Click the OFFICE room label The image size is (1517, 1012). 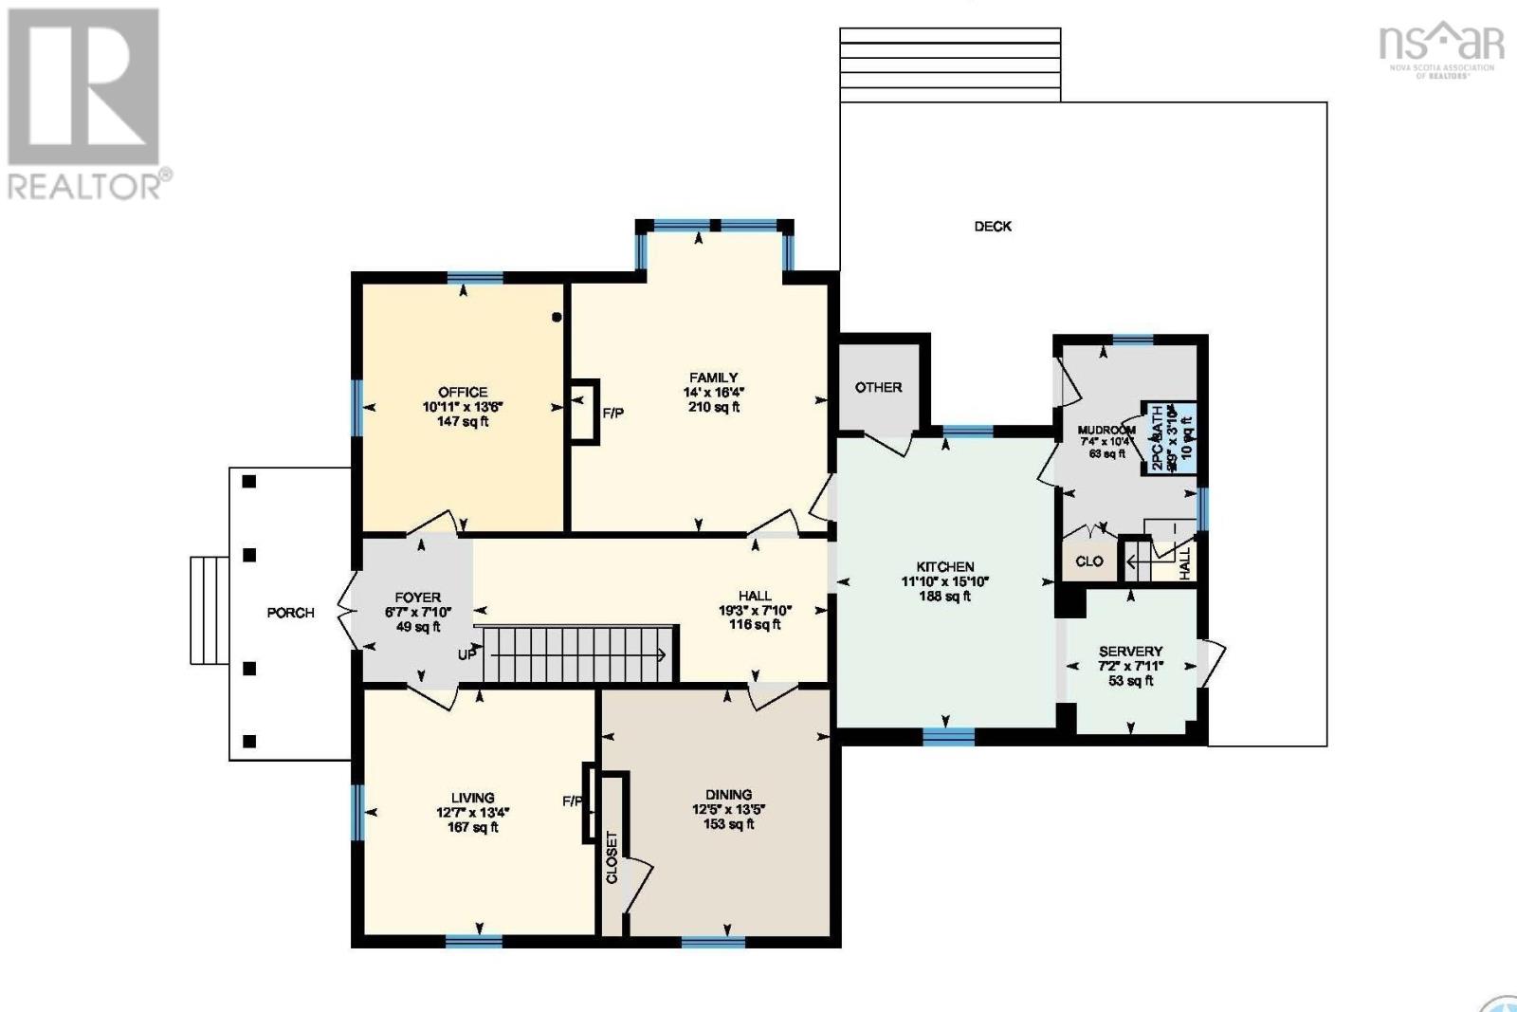point(463,392)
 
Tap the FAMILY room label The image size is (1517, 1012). point(713,377)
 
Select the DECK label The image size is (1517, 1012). point(993,227)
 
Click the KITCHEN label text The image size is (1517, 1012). point(944,566)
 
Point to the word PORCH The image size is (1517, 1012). point(290,613)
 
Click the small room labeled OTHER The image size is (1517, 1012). point(878,387)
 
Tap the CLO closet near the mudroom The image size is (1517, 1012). point(1088,561)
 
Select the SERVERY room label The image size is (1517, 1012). point(1130,652)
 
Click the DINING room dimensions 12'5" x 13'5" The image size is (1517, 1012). point(728,810)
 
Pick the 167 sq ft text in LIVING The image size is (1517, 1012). point(472,827)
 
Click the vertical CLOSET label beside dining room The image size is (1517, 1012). point(612,857)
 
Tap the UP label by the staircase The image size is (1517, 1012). point(467,654)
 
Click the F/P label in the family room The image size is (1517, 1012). point(613,413)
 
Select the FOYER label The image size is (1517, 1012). point(417,598)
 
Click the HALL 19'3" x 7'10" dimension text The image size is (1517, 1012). point(755,611)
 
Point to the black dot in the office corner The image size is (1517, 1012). point(557,318)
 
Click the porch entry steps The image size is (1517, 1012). point(210,610)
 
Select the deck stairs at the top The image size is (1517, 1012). point(949,64)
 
